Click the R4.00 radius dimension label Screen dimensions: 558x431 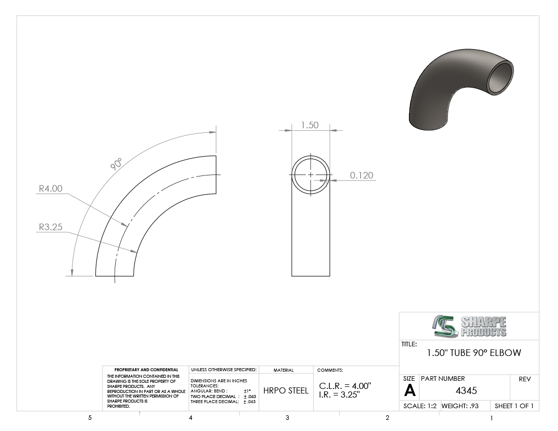point(51,189)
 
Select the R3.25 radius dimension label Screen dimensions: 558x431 point(51,227)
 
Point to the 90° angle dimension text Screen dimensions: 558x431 point(116,164)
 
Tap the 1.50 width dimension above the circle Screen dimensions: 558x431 point(309,125)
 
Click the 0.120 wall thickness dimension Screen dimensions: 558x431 point(362,175)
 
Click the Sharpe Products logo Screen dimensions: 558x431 point(469,326)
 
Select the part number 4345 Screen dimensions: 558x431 point(466,391)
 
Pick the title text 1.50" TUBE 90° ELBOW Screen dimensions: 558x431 point(474,353)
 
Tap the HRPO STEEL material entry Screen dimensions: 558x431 point(286,391)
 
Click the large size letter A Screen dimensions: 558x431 point(410,391)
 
